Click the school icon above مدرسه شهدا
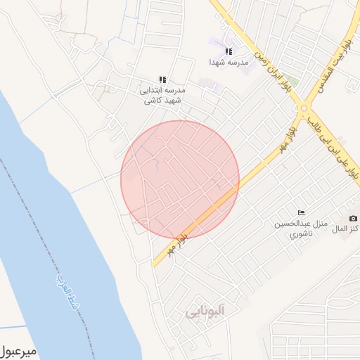[x=228, y=51]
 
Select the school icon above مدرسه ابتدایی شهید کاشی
[x=163, y=80]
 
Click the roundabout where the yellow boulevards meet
[x=304, y=108]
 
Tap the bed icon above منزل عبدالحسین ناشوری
[x=302, y=213]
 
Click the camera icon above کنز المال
[x=353, y=219]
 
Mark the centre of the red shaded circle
[x=180, y=180]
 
